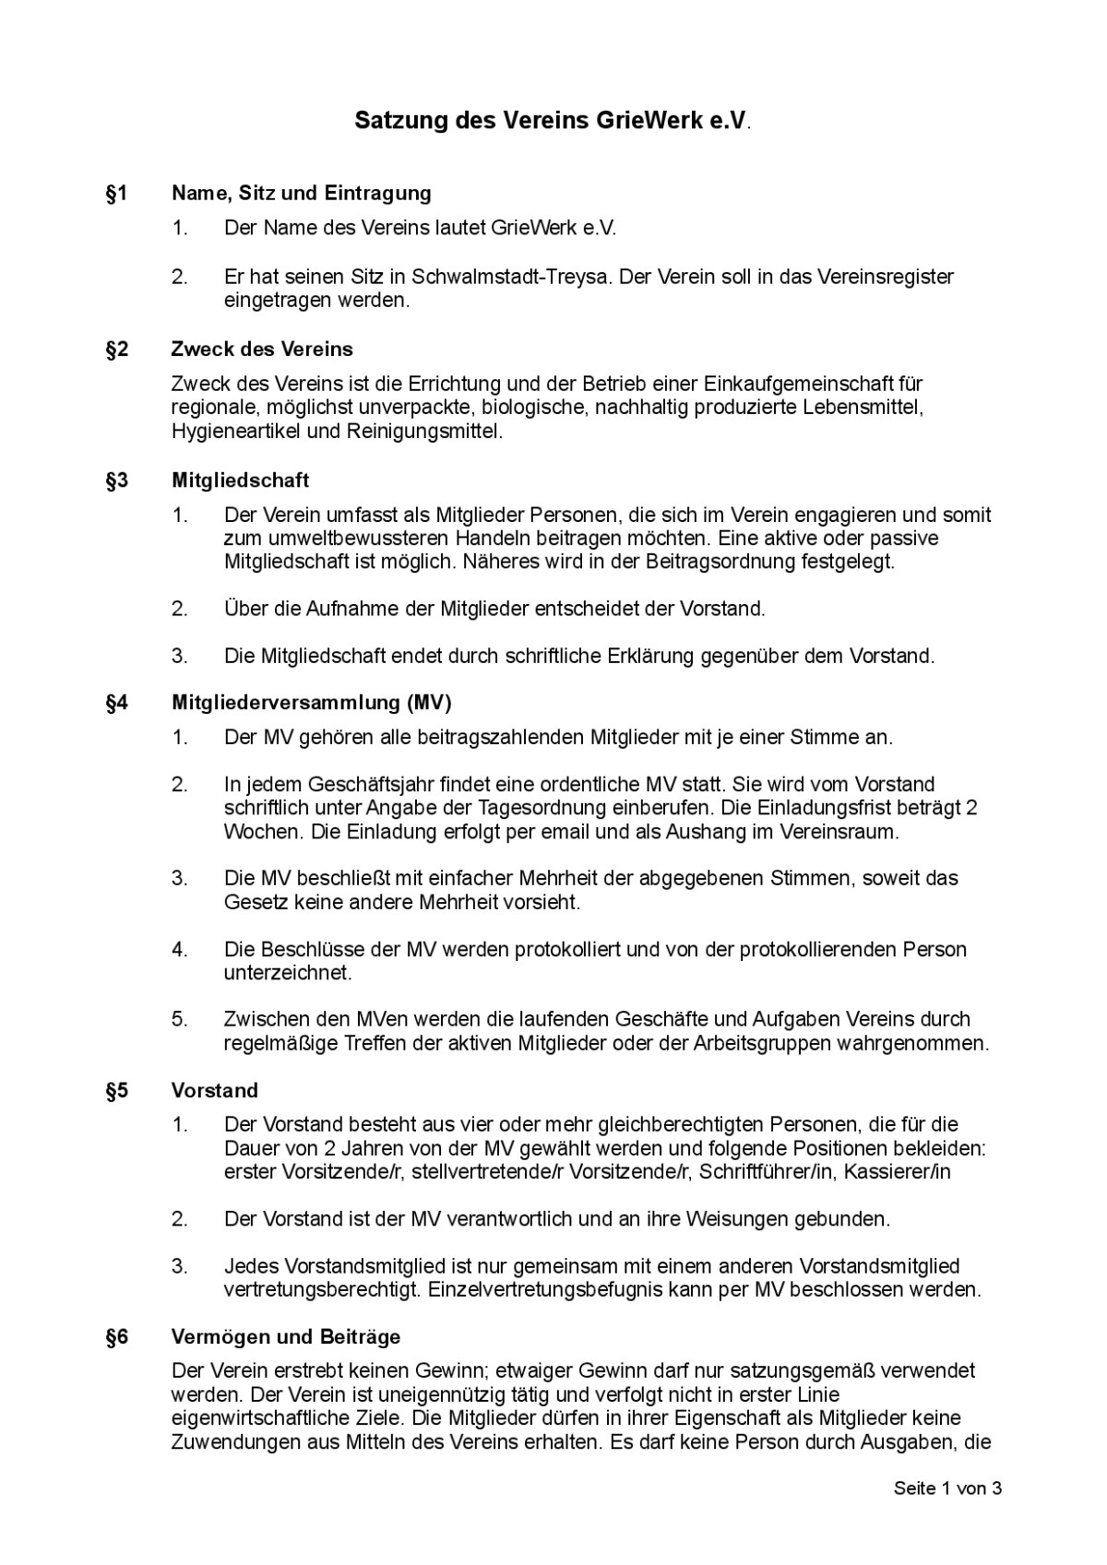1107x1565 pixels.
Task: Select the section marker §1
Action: point(116,193)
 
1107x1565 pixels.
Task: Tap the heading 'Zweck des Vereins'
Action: point(262,350)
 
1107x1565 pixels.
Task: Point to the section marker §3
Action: point(116,480)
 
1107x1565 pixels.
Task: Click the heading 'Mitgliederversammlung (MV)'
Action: point(312,703)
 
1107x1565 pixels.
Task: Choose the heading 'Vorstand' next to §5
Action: point(215,1091)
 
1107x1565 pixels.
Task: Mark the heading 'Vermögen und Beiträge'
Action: point(286,1336)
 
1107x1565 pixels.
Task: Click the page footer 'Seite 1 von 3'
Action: point(947,1488)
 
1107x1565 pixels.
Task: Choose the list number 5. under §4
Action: point(179,1020)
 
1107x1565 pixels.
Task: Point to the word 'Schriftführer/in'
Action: point(766,1172)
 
